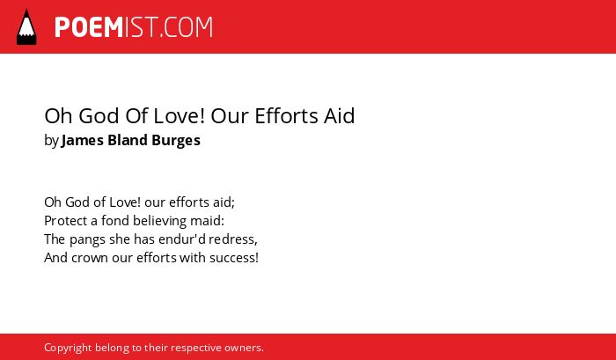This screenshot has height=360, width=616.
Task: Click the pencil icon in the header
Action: [x=26, y=26]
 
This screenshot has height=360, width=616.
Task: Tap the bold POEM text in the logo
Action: [x=89, y=27]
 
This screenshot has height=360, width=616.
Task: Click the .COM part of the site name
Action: [x=187, y=27]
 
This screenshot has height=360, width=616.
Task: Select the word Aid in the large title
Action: [x=339, y=116]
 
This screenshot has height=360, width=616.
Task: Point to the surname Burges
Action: [x=176, y=140]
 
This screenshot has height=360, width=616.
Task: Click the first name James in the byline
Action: [x=83, y=140]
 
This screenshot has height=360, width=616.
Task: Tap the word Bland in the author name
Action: [x=128, y=140]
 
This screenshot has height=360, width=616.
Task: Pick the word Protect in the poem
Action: [x=66, y=221]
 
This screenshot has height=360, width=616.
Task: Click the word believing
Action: [x=158, y=221]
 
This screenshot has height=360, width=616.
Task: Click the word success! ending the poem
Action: [x=234, y=258]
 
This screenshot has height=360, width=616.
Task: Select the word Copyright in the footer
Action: [x=68, y=349]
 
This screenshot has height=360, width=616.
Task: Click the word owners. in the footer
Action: [x=244, y=348]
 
